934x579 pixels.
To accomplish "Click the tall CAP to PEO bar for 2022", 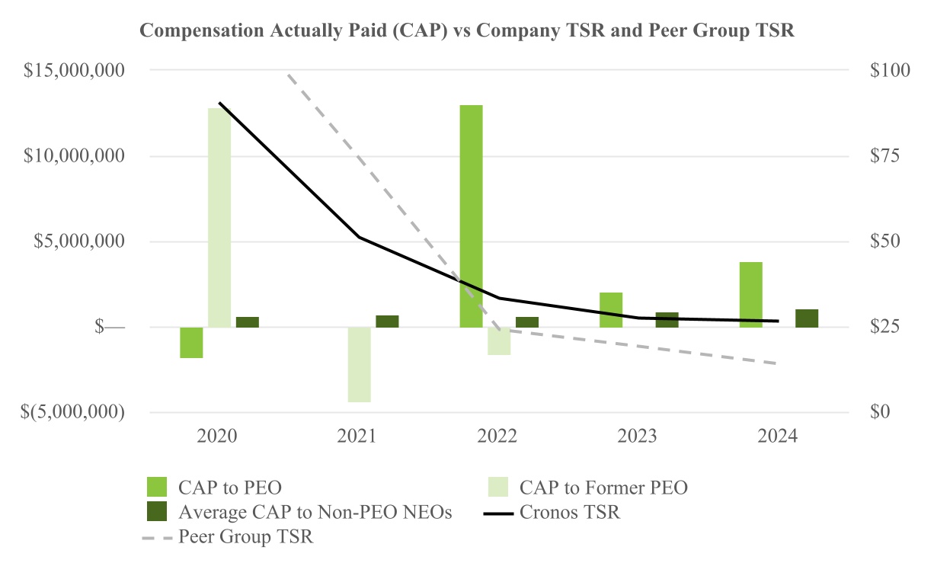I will coord(471,216).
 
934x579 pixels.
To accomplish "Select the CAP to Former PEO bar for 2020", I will coord(219,217).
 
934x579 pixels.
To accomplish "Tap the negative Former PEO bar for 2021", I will coord(359,364).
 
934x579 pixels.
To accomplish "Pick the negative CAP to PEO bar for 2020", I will coord(191,342).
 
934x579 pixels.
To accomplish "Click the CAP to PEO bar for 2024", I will coord(750,294).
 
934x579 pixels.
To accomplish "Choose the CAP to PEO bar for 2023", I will coord(611,309).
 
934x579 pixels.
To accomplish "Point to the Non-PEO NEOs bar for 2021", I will coord(387,321).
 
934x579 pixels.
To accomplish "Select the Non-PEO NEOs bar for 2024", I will coord(807,318).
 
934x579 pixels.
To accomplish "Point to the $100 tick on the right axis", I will coord(889,71).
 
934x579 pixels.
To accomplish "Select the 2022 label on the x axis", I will coord(497,437).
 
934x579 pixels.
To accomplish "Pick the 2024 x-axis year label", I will coord(777,437).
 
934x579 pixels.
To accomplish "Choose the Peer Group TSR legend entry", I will coord(246,537).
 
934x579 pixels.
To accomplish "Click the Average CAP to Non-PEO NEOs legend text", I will coord(315,513).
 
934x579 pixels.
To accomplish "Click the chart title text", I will coord(467,31).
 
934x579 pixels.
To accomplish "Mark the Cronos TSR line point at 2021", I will coord(359,238).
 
